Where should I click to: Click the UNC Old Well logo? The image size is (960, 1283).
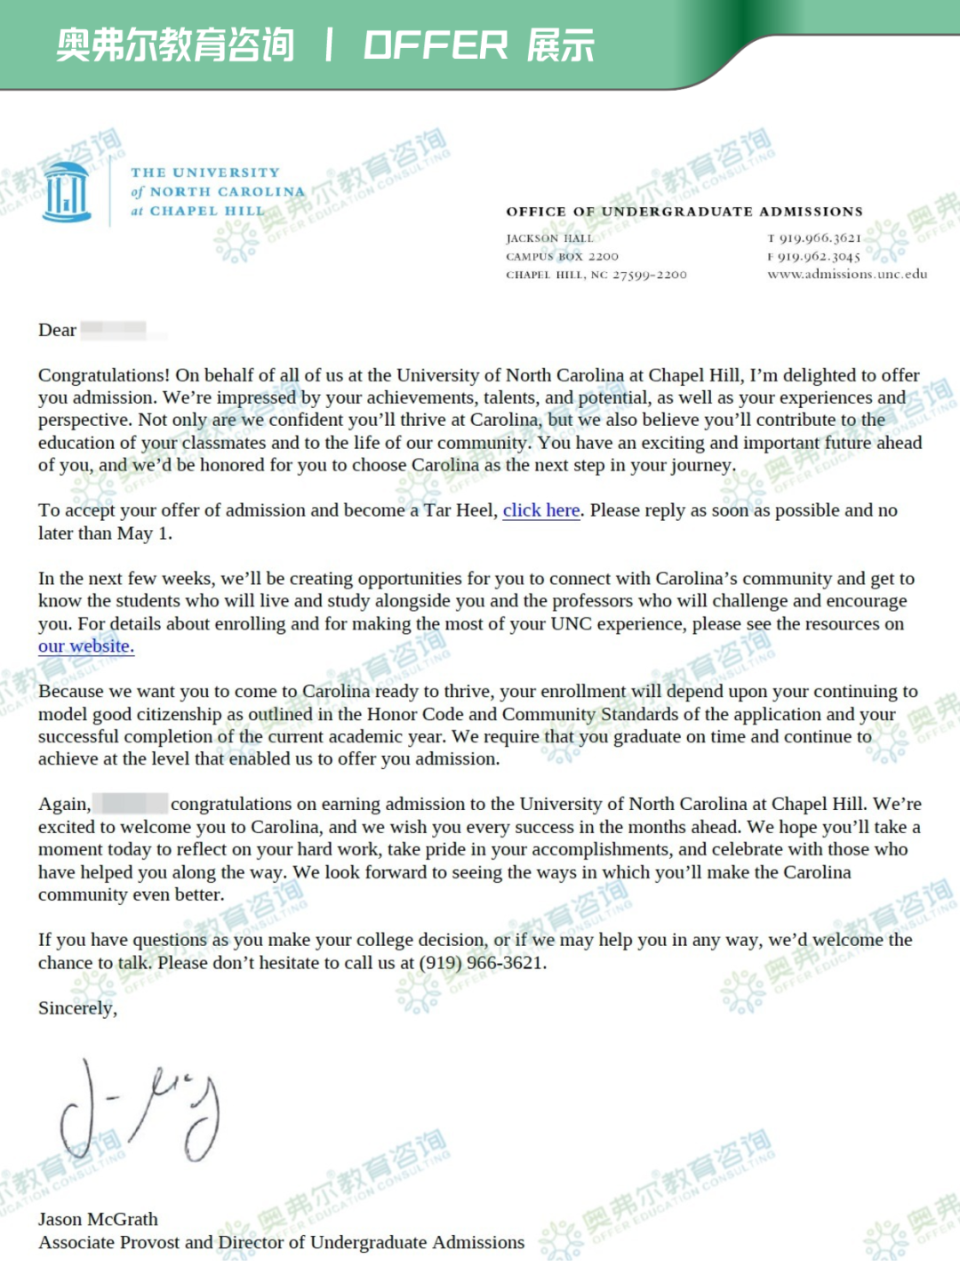pos(68,192)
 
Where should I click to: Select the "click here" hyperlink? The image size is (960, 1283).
pos(541,510)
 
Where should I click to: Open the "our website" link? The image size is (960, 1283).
pos(85,646)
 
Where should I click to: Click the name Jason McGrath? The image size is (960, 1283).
pos(98,1219)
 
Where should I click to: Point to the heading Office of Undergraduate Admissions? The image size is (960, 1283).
pos(684,212)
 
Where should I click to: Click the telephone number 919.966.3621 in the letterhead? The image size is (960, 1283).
pos(820,238)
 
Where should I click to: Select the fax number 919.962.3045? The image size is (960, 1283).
pos(819,257)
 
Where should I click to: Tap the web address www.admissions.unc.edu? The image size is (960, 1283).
pos(847,275)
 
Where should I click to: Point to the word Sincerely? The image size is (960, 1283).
pos(76,1008)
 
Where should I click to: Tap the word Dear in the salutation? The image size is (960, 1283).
pos(57,330)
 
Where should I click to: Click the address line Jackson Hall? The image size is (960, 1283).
pos(549,238)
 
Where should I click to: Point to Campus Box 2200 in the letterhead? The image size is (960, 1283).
pos(562,257)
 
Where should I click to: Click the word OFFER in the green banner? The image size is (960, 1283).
pos(436,45)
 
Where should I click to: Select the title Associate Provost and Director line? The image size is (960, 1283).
pos(281,1242)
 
